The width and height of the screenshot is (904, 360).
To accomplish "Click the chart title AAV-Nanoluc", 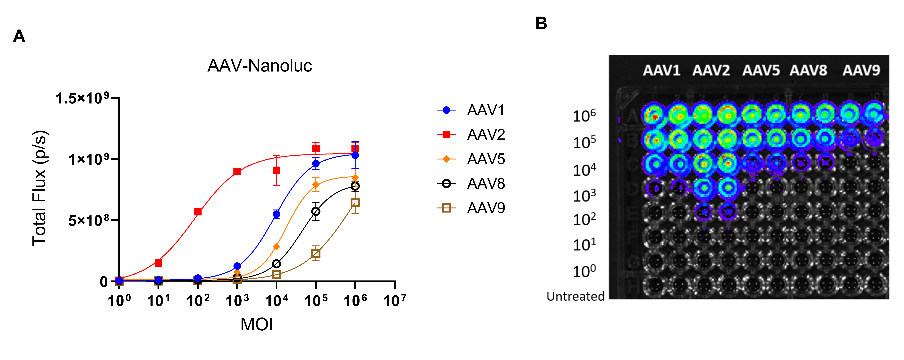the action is (260, 66).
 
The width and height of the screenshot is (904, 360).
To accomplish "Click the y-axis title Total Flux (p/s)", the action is (39, 188).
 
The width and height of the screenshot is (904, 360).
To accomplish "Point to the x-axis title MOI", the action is (256, 324).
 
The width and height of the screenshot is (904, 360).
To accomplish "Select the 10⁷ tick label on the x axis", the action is (394, 300).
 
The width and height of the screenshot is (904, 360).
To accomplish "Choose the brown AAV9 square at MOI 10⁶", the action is (355, 202).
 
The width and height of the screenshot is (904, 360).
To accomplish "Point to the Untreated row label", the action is (575, 297).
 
